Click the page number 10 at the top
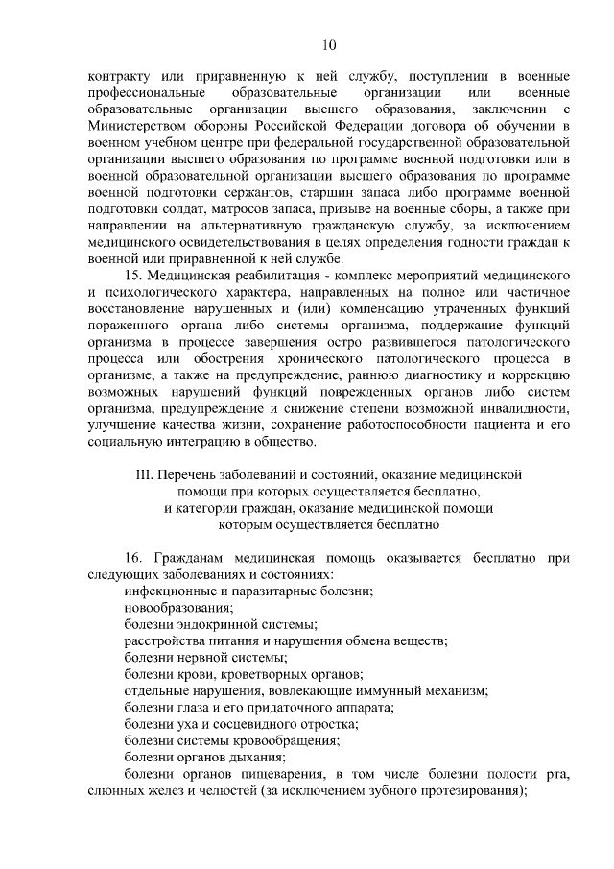tap(329, 44)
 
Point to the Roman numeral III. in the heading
tap(149, 473)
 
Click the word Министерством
tap(137, 125)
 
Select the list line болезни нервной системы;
tap(205, 658)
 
